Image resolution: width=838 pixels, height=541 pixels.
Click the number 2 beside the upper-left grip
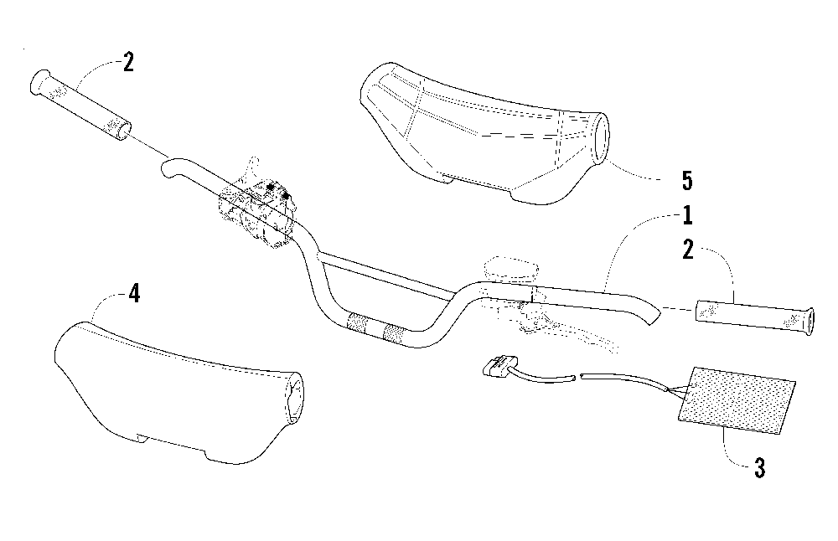(128, 63)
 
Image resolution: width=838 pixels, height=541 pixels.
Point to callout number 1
(687, 216)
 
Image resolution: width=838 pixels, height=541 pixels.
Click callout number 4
(132, 294)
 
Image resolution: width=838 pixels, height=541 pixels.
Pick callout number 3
(759, 468)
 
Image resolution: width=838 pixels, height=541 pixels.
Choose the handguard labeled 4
(168, 389)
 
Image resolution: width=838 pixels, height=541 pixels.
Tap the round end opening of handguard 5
(603, 139)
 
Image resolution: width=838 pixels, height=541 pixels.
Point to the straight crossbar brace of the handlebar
(385, 276)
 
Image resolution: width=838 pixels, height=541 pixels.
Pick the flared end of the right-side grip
(806, 323)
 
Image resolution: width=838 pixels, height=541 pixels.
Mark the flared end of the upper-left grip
(38, 81)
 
